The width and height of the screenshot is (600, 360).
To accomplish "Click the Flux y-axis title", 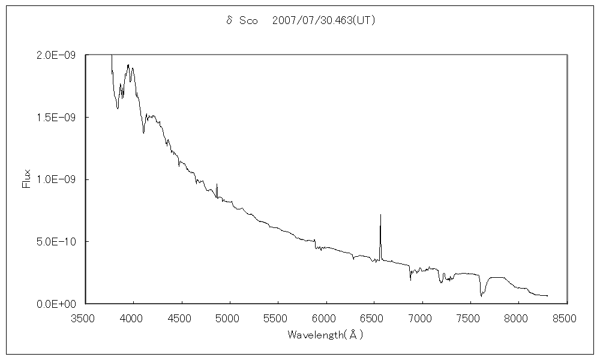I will pyautogui.click(x=26, y=179).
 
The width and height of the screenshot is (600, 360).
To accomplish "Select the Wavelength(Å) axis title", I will pyautogui.click(x=326, y=334).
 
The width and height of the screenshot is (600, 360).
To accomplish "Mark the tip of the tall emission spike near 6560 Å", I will pyautogui.click(x=380, y=214).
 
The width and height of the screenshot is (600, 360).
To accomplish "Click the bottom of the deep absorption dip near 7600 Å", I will pyautogui.click(x=481, y=296).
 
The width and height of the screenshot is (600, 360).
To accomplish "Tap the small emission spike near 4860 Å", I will pyautogui.click(x=217, y=184).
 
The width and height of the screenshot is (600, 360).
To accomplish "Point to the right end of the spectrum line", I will pyautogui.click(x=547, y=296).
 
